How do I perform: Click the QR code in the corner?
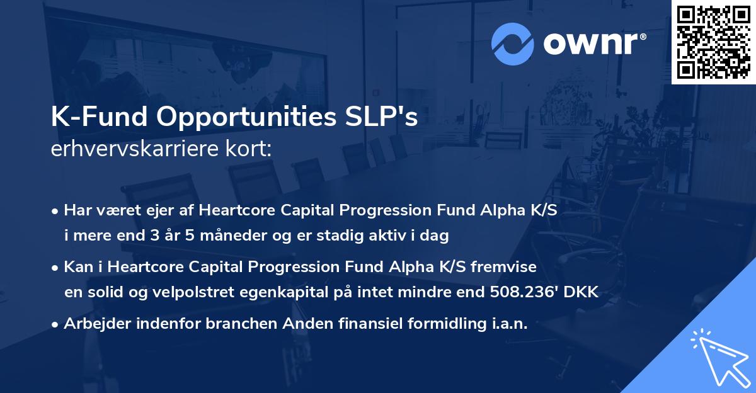point(714,42)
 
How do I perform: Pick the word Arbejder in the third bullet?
point(94,324)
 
